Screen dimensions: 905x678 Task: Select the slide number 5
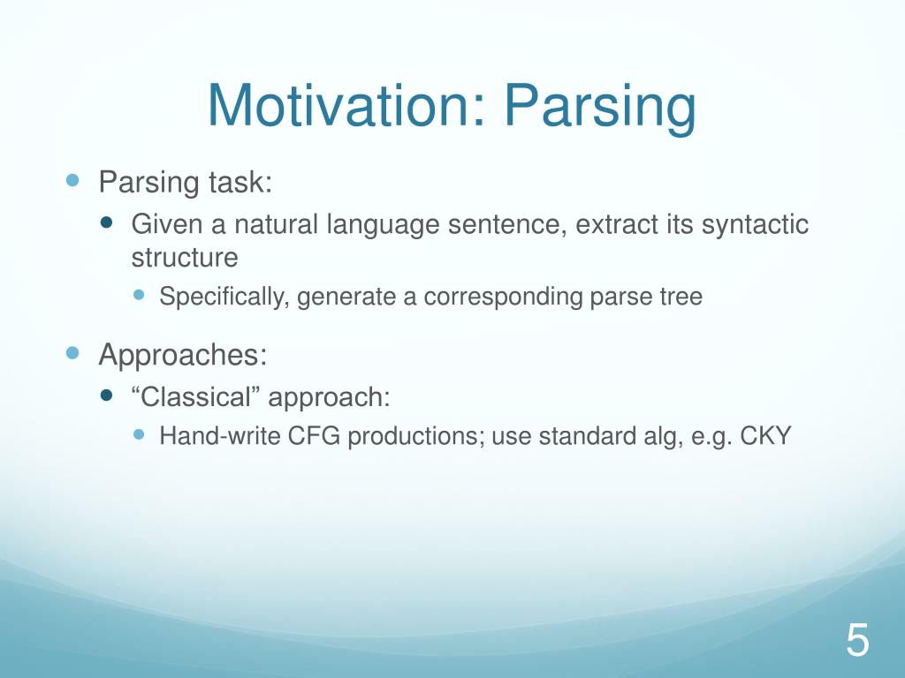click(857, 639)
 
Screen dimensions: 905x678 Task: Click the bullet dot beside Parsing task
click(72, 180)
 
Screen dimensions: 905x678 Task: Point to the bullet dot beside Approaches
click(72, 353)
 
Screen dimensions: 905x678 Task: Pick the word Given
click(167, 224)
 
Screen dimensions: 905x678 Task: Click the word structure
click(185, 258)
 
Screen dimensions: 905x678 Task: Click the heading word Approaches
click(182, 356)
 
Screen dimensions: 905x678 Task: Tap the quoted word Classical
click(196, 397)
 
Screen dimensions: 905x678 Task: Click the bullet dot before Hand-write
click(139, 434)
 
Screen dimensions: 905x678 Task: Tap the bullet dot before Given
click(106, 222)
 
